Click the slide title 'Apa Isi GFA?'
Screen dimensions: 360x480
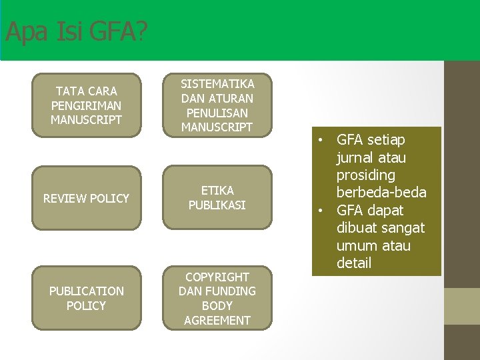[76, 32]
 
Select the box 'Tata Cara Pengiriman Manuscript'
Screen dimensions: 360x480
[86, 105]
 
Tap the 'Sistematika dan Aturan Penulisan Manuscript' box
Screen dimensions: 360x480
[217, 105]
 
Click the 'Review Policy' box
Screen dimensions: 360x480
[86, 198]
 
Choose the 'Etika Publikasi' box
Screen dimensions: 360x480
[217, 198]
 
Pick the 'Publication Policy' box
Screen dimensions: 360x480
[86, 298]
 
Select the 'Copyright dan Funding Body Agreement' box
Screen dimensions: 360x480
[217, 298]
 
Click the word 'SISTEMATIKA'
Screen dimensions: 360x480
[217, 84]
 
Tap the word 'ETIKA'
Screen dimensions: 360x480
[217, 191]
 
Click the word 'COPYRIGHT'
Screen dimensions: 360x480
[217, 277]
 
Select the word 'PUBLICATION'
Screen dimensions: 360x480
[86, 291]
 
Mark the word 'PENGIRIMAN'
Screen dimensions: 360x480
[86, 105]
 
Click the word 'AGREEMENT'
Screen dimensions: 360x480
[217, 320]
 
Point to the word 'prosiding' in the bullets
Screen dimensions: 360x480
[366, 175]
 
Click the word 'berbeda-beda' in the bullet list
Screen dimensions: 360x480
[381, 193]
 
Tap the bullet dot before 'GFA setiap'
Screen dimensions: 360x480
[321, 141]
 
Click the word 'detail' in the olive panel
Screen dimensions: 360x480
[354, 263]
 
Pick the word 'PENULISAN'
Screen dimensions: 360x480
[217, 113]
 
